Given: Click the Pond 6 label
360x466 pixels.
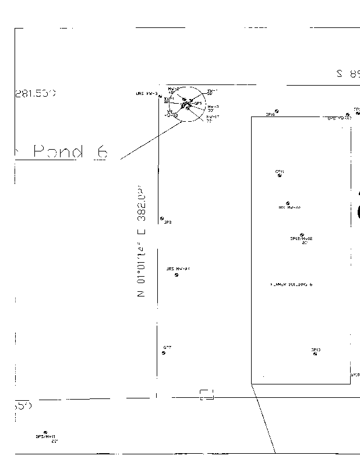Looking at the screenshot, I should [70, 152].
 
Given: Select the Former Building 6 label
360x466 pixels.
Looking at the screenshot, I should [291, 284].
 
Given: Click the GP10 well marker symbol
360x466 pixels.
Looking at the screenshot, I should [276, 111].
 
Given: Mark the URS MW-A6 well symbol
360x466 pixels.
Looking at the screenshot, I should [288, 203].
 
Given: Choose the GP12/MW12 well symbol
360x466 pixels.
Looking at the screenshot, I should [302, 234].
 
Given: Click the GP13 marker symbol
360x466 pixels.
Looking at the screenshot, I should [315, 354].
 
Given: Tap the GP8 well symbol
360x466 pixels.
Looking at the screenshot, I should [162, 218].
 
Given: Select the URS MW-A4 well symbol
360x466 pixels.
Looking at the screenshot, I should [177, 275].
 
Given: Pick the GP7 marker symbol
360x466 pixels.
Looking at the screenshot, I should [164, 352].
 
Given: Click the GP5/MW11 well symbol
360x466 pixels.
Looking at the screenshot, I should [45, 432].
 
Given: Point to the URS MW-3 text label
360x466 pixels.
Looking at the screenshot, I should [146, 93].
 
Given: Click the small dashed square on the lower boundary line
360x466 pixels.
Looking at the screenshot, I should [207, 394].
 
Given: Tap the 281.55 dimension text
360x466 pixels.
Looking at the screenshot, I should [34, 93].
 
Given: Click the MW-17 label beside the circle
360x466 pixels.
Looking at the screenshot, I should [213, 117].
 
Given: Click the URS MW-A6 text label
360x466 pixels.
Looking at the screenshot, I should [289, 207].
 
